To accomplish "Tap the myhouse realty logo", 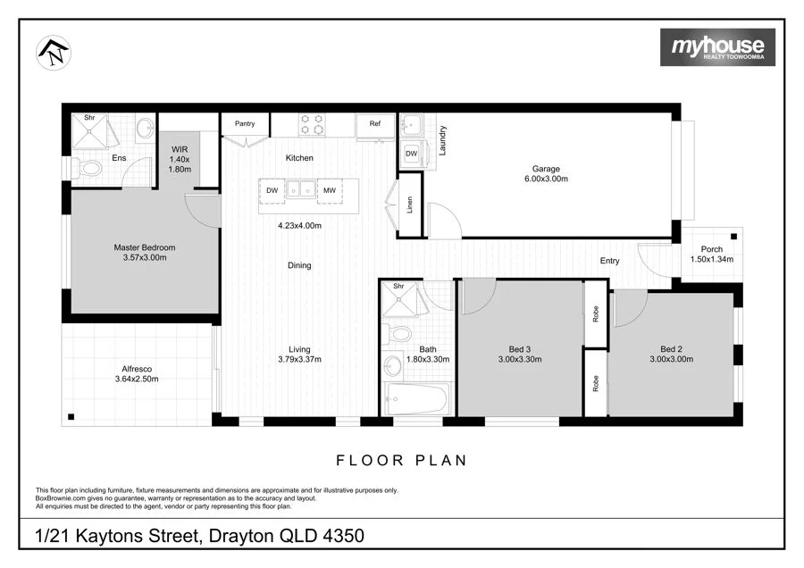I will click(x=717, y=47).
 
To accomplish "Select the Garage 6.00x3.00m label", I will click(x=546, y=174).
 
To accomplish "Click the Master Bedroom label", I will click(x=144, y=253).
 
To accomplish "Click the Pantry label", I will click(x=245, y=123).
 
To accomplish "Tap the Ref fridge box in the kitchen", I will click(x=375, y=124).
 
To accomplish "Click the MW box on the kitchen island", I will click(x=330, y=190).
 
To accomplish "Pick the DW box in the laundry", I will click(x=411, y=154).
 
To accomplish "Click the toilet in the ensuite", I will click(x=89, y=168).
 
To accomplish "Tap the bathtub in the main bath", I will click(x=415, y=398).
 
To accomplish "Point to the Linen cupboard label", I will click(x=410, y=205).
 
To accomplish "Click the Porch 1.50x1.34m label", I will click(x=712, y=255).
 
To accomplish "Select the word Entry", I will click(x=609, y=261).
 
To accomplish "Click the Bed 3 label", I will click(x=520, y=354).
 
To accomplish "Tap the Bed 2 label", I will click(x=671, y=354).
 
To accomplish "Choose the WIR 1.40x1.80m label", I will click(x=180, y=158).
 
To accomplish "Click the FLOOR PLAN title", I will click(x=402, y=461).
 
